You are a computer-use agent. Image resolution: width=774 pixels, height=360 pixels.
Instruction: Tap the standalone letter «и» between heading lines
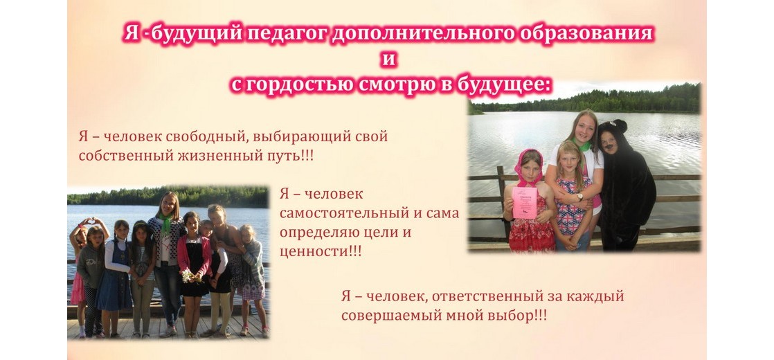tap(388, 60)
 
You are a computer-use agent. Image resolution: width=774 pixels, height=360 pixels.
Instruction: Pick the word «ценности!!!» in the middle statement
tap(321, 251)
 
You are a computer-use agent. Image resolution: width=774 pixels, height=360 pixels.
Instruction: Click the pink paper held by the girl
tap(525, 202)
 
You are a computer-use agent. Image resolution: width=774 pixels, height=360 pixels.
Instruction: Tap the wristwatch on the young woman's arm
tap(580, 197)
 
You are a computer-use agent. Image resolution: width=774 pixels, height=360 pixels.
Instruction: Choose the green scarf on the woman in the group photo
tap(165, 223)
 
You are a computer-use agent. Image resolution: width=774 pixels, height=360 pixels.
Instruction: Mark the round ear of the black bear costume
tap(620, 125)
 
